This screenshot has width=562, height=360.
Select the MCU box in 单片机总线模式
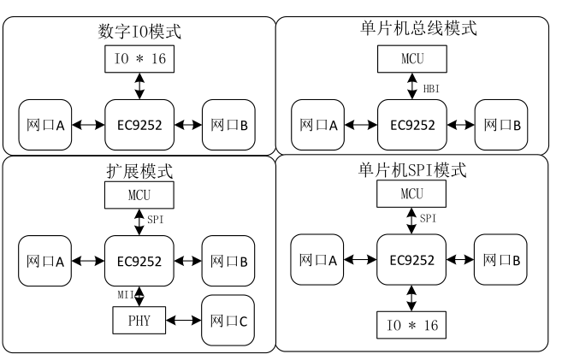pyautogui.click(x=412, y=61)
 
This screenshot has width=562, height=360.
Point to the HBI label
pyautogui.click(x=433, y=87)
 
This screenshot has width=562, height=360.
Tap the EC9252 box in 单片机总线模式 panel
pyautogui.click(x=411, y=123)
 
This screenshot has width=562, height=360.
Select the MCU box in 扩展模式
pyautogui.click(x=139, y=195)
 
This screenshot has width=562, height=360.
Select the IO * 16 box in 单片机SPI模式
pyautogui.click(x=411, y=325)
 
